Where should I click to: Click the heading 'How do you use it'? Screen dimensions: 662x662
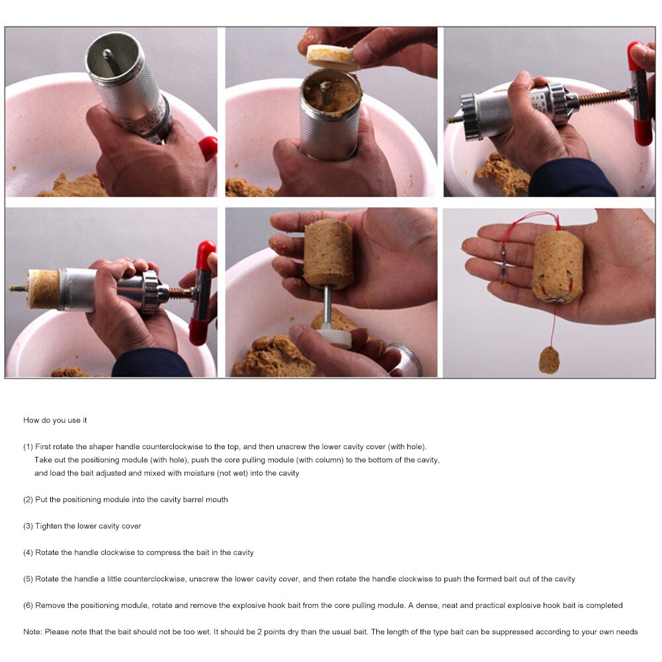point(55,421)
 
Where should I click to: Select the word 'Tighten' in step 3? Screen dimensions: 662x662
point(48,526)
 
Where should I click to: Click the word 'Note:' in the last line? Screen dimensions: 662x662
point(32,632)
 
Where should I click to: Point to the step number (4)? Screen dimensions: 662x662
point(28,553)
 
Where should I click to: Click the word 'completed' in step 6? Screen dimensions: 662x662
point(605,606)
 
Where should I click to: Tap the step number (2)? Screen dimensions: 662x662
point(28,500)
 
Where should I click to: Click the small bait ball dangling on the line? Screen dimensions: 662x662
point(549,360)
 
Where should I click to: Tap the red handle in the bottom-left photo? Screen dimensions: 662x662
point(202,291)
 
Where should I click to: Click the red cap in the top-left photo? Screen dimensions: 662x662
point(208,147)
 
